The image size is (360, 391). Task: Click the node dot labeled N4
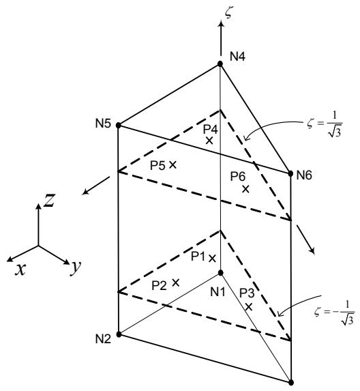(x=220, y=64)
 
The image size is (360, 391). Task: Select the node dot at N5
(x=119, y=125)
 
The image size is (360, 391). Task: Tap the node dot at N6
(x=290, y=173)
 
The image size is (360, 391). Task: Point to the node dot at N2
(x=119, y=334)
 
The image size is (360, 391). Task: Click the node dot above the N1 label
(x=220, y=273)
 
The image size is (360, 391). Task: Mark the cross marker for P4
(x=209, y=141)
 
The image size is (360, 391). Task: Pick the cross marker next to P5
(x=172, y=164)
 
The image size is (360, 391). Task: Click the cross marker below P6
(x=245, y=189)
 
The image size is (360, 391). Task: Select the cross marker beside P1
(x=212, y=259)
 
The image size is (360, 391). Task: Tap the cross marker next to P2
(x=176, y=283)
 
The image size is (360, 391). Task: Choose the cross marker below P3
(x=249, y=307)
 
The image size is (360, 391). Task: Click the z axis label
(x=49, y=200)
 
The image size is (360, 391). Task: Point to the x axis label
(x=20, y=270)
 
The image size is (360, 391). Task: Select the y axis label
(x=76, y=267)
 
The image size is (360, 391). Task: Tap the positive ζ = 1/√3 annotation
(x=325, y=124)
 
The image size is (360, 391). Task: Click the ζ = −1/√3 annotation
(x=334, y=313)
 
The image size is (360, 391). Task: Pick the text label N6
(x=304, y=175)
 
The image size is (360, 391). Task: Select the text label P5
(x=157, y=166)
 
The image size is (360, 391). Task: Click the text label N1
(x=217, y=292)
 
